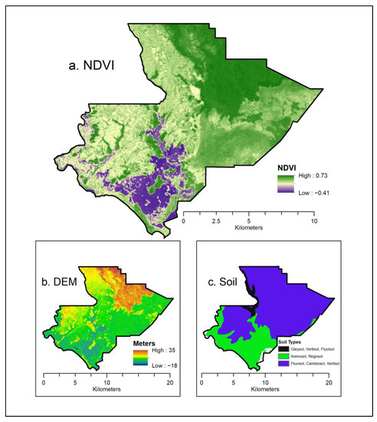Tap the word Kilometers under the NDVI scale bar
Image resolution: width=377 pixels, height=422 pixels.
click(x=248, y=228)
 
